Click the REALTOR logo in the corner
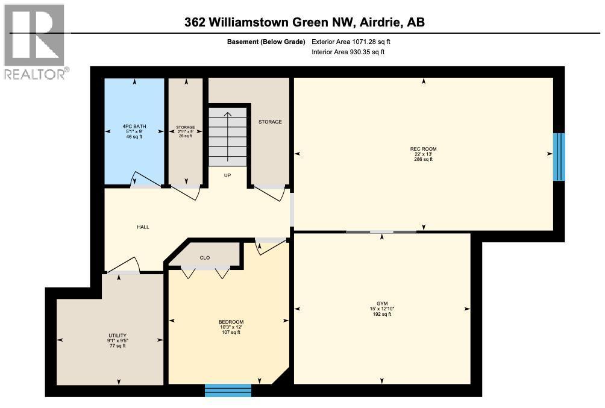[34, 42]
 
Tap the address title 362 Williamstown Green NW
[305, 23]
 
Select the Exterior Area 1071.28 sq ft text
[355, 42]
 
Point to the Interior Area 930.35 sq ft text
[348, 52]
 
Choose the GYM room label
[382, 303]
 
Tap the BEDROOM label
[231, 322]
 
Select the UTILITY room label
[118, 335]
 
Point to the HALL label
[142, 227]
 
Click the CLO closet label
[205, 258]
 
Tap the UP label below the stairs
[228, 176]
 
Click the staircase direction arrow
[227, 136]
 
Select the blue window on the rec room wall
[559, 157]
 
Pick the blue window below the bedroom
[228, 391]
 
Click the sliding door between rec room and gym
[381, 232]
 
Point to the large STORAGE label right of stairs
[270, 122]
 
